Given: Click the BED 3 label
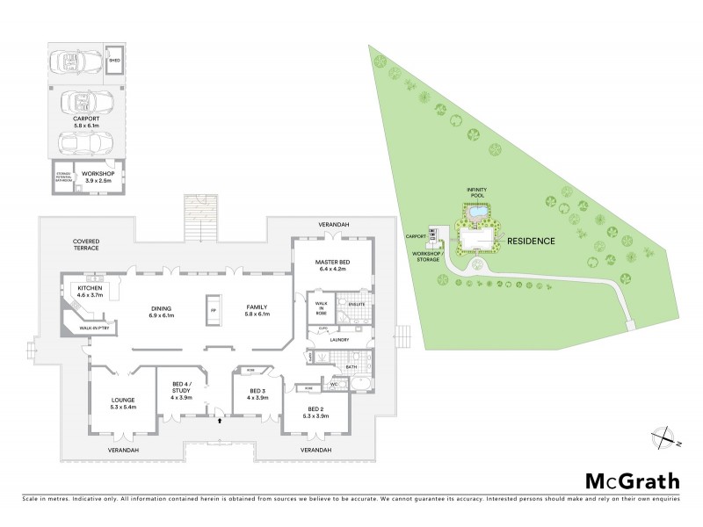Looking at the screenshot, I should pos(257,393).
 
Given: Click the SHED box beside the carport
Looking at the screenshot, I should pos(113,62).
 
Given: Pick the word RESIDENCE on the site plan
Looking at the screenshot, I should pos(530,240).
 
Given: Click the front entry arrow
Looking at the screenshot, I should pos(219,421).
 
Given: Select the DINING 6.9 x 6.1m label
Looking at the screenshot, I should pos(162,312).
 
